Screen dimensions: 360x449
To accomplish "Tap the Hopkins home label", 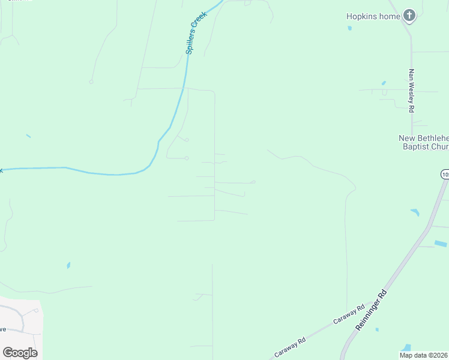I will (373, 16).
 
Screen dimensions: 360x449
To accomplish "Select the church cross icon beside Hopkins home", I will (409, 16).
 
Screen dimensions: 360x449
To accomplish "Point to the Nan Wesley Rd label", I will (412, 91).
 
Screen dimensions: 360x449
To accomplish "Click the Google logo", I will (20, 352).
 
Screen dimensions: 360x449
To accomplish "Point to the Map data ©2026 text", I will (424, 355).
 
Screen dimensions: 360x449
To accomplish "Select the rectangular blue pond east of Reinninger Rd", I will (441, 244).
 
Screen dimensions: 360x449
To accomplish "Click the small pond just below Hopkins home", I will (349, 28).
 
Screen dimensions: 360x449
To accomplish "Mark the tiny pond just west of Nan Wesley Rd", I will (384, 83).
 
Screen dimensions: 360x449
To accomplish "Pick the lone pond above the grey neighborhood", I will (68, 265).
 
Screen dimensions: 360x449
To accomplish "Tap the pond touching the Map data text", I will (407, 348).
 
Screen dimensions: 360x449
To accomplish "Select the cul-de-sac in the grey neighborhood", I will (37, 311).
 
